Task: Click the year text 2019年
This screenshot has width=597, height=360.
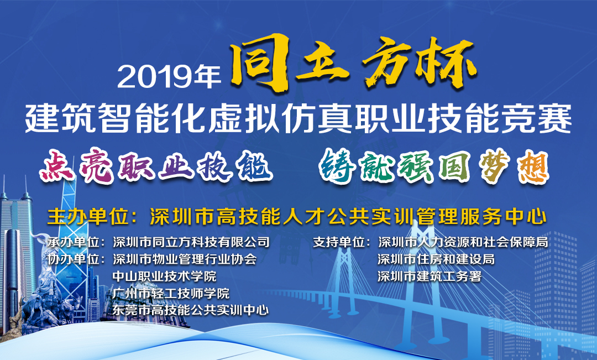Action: point(169,76)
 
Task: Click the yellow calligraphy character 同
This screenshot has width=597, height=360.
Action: point(259,62)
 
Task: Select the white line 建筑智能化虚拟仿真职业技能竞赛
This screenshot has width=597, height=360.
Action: point(298,118)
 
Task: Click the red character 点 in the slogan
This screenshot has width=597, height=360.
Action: point(57,166)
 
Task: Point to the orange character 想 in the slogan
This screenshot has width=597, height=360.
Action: point(533,167)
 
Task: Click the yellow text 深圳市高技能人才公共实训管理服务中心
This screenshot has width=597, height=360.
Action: point(348,217)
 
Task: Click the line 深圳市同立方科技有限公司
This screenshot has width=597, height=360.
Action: point(191,242)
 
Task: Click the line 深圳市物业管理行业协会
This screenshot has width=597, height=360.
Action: point(185,259)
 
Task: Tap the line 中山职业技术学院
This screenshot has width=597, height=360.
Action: point(165,276)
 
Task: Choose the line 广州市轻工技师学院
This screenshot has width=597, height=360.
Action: point(171,293)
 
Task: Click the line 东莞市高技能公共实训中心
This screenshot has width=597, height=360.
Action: point(191,310)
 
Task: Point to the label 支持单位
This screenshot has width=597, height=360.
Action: point(339,242)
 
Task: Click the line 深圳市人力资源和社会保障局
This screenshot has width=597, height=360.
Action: point(463,242)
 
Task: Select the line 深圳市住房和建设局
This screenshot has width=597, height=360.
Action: point(436,259)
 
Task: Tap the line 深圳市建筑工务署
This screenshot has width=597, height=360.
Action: point(430,276)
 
